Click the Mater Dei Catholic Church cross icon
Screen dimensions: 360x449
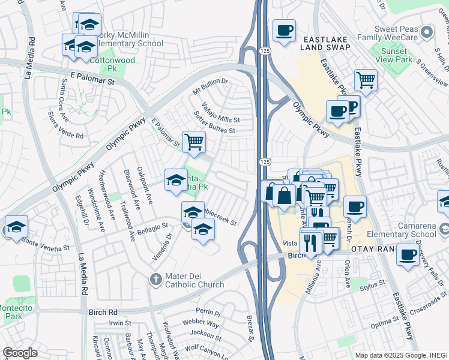point(155,279)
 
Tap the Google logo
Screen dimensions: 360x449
point(20,353)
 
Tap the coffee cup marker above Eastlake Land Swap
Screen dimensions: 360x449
point(284,29)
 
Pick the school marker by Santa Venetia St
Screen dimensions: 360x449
point(16,227)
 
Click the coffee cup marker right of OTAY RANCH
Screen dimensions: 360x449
point(408,254)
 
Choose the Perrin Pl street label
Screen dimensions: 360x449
point(208,313)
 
